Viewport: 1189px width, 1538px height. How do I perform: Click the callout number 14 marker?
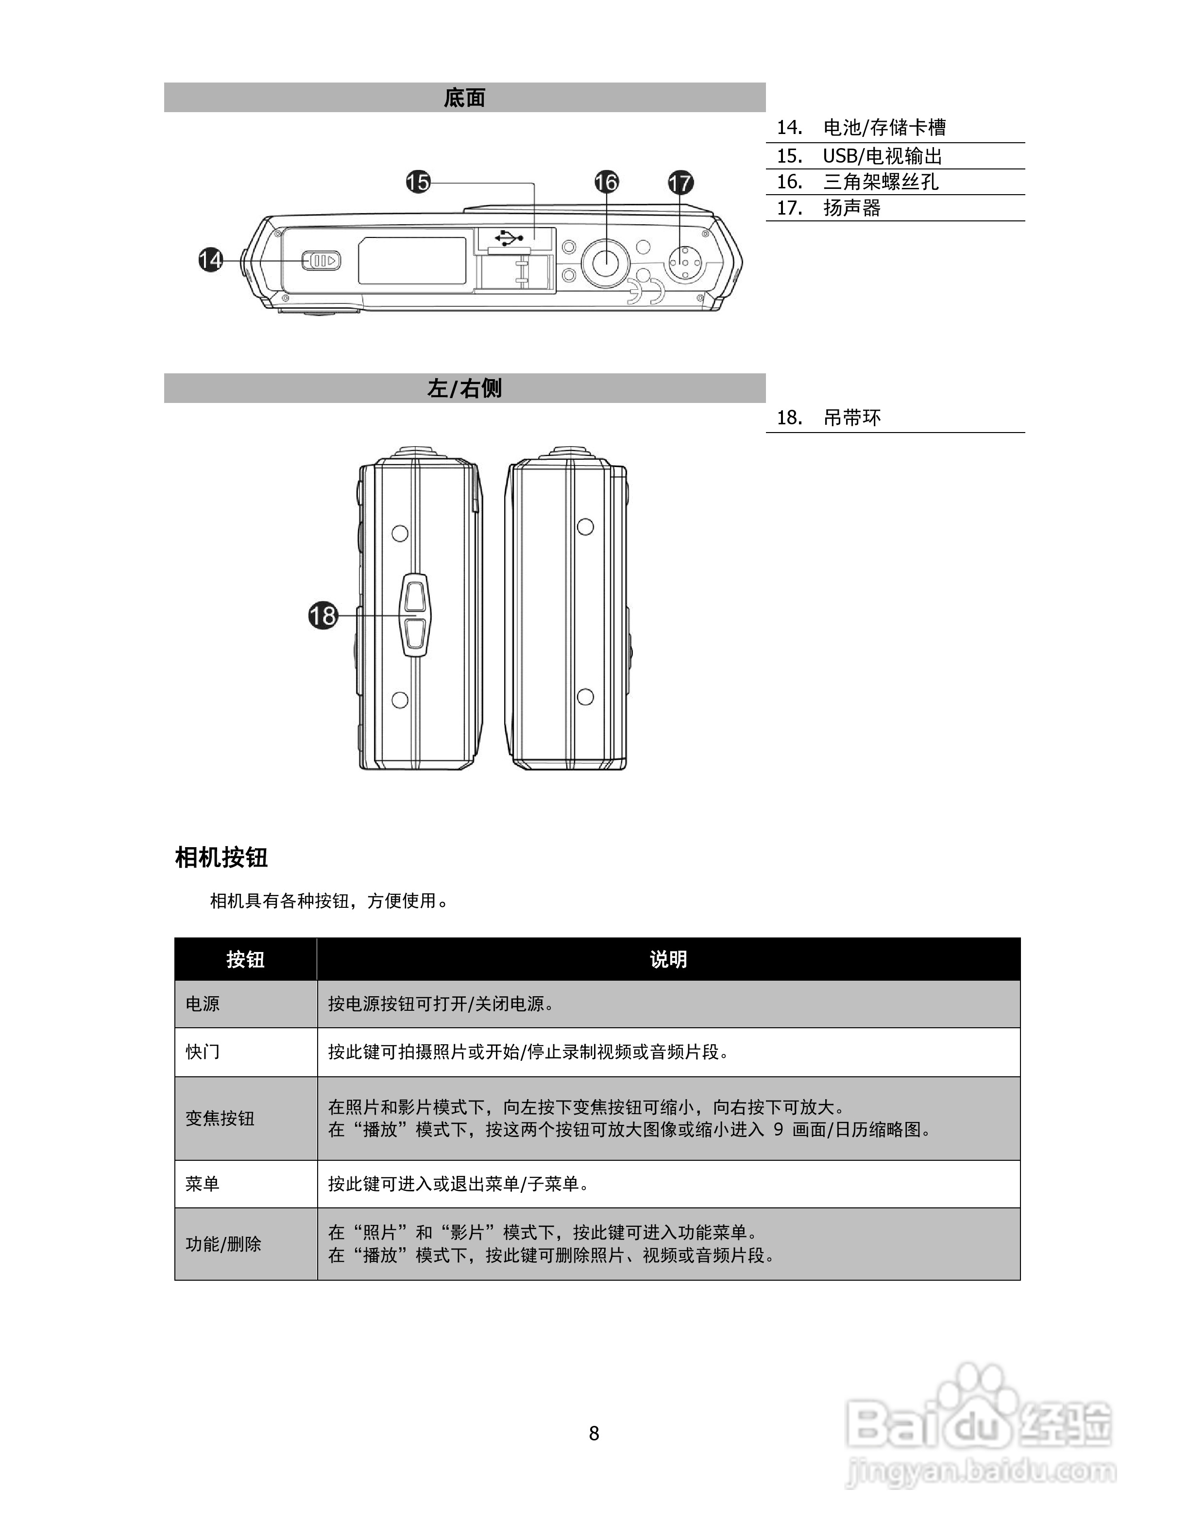pyautogui.click(x=210, y=260)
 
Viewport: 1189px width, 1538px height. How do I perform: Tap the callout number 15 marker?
pyautogui.click(x=418, y=183)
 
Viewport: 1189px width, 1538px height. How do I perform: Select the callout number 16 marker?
pyautogui.click(x=606, y=183)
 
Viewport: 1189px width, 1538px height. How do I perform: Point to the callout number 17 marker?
pyautogui.click(x=679, y=183)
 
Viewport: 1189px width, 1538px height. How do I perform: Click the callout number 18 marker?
pyautogui.click(x=323, y=616)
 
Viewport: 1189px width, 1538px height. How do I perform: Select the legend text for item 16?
pyautogui.click(x=881, y=182)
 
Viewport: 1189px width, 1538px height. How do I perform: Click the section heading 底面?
pyautogui.click(x=464, y=98)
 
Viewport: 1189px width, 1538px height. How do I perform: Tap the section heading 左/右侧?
pyautogui.click(x=464, y=388)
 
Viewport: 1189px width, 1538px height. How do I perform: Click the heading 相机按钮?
pyautogui.click(x=221, y=858)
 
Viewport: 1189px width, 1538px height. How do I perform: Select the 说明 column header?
pyautogui.click(x=668, y=959)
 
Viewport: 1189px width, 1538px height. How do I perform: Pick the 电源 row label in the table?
pyautogui.click(x=203, y=1003)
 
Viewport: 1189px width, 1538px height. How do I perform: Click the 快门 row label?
pyautogui.click(x=203, y=1052)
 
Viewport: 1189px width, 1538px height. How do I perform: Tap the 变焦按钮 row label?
pyautogui.click(x=220, y=1118)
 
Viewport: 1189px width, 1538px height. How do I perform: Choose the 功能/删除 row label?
pyautogui.click(x=223, y=1244)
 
